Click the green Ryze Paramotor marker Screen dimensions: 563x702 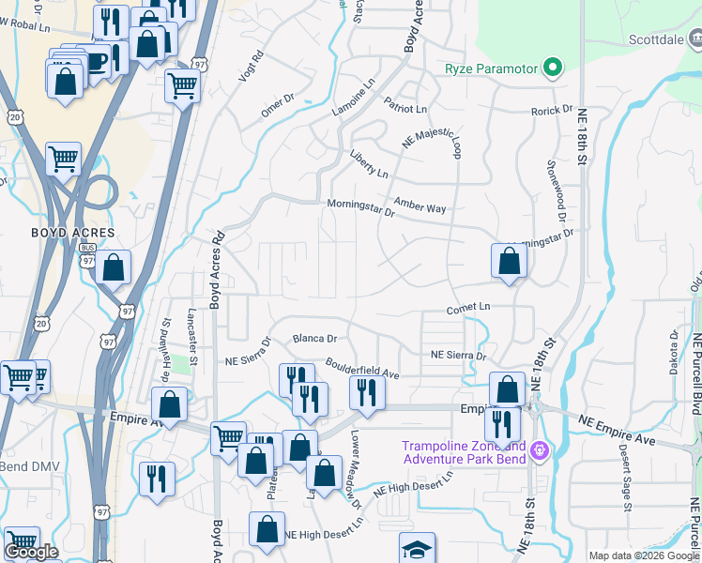554,67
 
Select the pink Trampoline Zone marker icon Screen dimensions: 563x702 539,451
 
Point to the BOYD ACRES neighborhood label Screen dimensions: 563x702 73,233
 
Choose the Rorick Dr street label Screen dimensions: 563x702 552,111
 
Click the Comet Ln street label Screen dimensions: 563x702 468,308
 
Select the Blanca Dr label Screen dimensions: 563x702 313,338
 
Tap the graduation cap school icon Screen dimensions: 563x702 418,549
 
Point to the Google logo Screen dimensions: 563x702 32,553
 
